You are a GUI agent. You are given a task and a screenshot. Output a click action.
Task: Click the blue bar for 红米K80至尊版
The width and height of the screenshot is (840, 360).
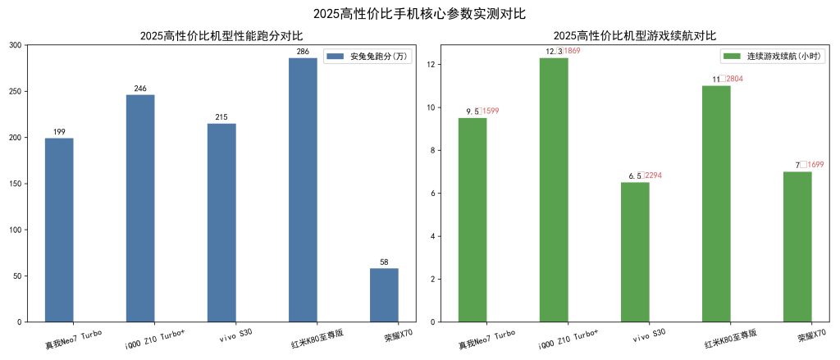pyautogui.click(x=303, y=189)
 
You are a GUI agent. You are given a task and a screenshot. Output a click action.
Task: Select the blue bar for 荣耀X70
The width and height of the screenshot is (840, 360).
pyautogui.click(x=384, y=294)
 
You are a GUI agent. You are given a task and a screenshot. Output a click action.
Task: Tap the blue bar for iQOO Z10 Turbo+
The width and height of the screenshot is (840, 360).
pyautogui.click(x=140, y=208)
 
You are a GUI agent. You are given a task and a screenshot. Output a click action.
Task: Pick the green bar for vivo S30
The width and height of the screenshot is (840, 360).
pyautogui.click(x=635, y=252)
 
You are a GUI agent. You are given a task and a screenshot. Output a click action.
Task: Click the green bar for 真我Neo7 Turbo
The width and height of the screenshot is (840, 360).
pyautogui.click(x=472, y=220)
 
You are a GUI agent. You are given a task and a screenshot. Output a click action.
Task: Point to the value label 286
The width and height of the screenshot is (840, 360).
pyautogui.click(x=303, y=52)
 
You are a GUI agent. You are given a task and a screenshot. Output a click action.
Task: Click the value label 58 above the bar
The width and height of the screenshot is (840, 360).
pyautogui.click(x=384, y=262)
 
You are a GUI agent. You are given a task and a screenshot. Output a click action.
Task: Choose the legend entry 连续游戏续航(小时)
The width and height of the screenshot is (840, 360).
pyautogui.click(x=776, y=56)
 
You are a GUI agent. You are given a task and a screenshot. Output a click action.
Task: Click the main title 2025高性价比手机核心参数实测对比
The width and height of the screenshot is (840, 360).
pyautogui.click(x=419, y=14)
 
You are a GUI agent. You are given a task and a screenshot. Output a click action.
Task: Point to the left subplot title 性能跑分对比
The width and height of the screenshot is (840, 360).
pyautogui.click(x=221, y=35)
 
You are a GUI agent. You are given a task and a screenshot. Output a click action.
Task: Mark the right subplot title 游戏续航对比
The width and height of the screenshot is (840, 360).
pyautogui.click(x=634, y=35)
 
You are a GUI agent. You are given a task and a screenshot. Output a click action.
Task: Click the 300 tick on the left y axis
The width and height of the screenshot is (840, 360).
pyautogui.click(x=15, y=45)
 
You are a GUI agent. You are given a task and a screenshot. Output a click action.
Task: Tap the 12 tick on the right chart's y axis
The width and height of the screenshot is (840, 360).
pyautogui.click(x=431, y=65)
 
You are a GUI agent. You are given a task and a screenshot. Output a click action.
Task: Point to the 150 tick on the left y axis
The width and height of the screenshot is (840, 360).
pyautogui.click(x=15, y=184)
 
